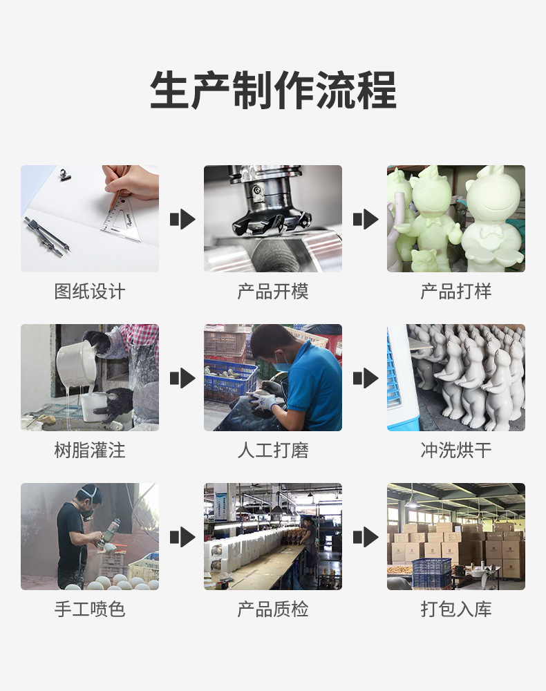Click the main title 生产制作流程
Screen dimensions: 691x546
273,91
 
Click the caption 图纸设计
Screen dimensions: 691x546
90,292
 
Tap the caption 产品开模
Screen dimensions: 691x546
273,292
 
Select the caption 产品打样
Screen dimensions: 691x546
456,292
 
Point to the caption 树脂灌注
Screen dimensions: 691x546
90,451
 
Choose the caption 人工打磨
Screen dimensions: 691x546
273,451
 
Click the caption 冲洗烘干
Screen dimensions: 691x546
456,451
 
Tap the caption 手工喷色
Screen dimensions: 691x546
90,609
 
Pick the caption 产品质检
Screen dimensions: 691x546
273,609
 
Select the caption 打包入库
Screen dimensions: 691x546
456,609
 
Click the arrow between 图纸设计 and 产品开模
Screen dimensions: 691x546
182,220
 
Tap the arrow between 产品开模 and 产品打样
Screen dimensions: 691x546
366,220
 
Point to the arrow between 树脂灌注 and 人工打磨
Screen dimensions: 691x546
182,378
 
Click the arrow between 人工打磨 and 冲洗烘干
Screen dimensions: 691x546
366,378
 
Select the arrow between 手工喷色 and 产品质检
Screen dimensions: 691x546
182,537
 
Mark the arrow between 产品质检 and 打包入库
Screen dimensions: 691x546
366,537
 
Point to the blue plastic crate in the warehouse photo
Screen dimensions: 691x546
431,572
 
